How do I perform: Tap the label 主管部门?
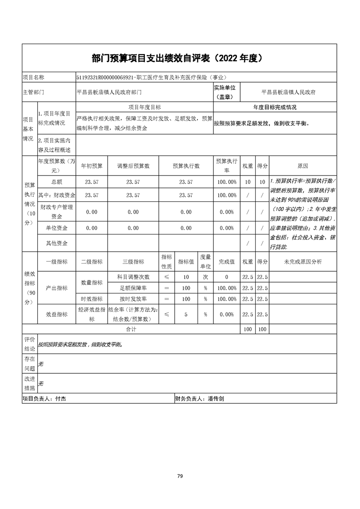[33, 92]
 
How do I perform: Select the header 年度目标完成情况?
[275, 108]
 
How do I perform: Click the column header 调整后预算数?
[133, 166]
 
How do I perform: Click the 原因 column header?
[302, 166]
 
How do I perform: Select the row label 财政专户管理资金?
[57, 212]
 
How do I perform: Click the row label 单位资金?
[57, 228]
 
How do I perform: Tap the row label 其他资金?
[57, 243]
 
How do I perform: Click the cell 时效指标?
[92, 299]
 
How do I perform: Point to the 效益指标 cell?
[57, 314]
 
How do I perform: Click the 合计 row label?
[131, 329]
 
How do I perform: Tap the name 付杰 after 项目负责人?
[60, 399]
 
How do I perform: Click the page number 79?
[180, 476]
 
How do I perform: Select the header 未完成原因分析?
[302, 262]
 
